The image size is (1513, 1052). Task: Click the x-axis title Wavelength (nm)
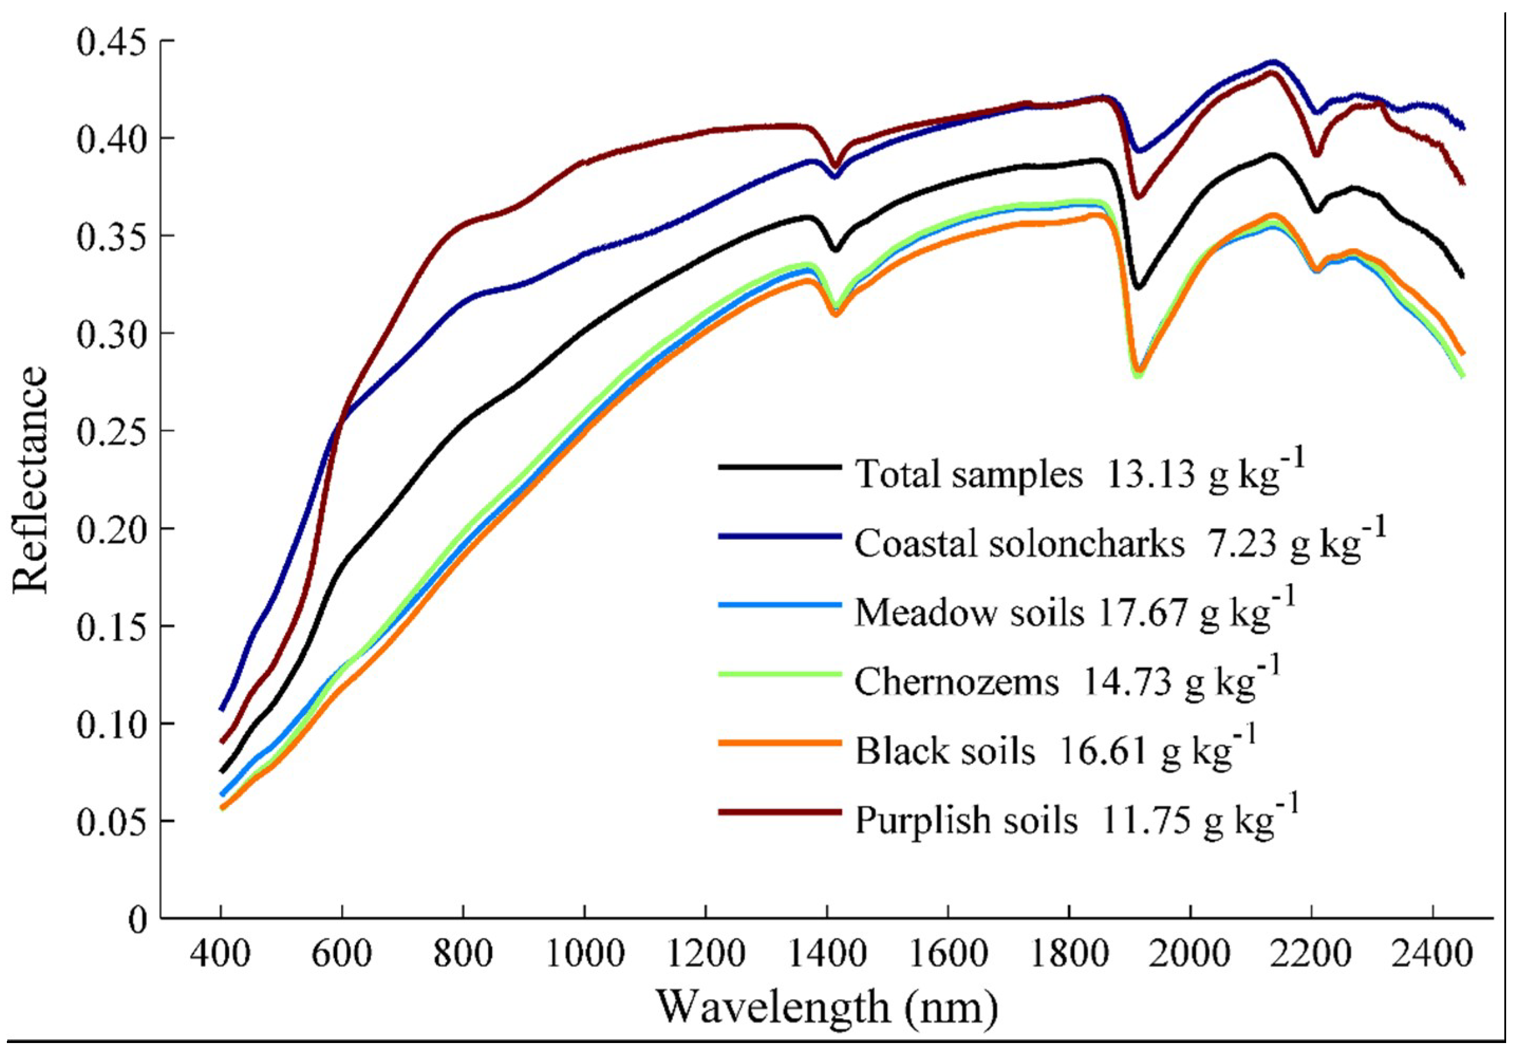[826, 1007]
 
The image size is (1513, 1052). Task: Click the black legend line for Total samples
[779, 467]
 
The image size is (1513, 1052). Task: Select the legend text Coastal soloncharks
[1019, 544]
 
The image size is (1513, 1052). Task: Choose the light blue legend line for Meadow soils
[779, 605]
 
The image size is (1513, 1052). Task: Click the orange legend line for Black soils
[779, 743]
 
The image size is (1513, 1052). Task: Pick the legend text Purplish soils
[966, 821]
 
